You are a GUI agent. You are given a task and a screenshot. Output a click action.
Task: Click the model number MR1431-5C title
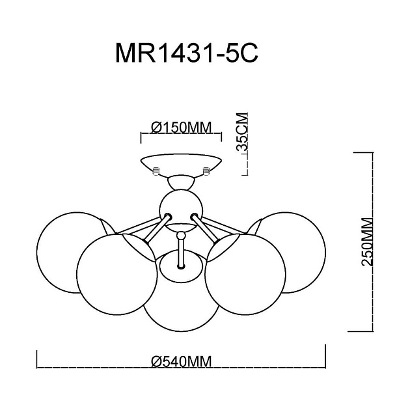tap(187, 53)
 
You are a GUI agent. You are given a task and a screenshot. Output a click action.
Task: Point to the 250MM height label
tap(368, 241)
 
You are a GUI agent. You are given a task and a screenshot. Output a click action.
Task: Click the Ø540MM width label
tap(182, 362)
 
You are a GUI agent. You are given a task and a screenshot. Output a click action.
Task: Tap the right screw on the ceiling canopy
tap(206, 171)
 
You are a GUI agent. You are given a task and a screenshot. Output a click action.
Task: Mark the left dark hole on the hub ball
tap(168, 216)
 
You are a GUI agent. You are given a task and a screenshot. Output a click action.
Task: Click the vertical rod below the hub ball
tap(180, 251)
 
